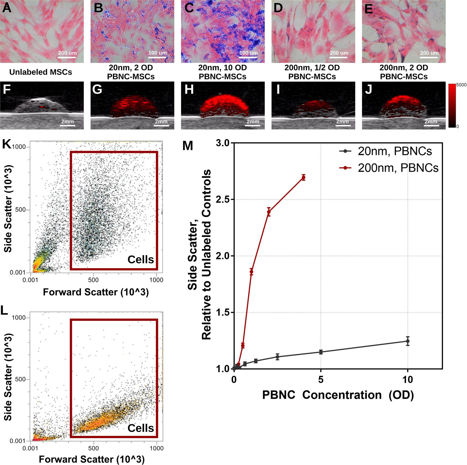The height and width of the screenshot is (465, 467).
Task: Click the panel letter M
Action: (188, 146)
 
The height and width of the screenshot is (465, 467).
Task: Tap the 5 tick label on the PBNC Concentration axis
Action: (321, 380)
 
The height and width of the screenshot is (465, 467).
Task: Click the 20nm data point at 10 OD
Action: (408, 341)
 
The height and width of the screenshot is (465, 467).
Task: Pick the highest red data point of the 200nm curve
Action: (303, 178)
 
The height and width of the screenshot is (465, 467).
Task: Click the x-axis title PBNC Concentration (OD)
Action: (338, 395)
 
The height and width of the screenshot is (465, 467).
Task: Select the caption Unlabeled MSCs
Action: (41, 72)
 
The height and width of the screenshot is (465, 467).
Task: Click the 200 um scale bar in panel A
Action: (67, 57)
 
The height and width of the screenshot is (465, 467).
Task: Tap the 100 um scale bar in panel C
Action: (248, 57)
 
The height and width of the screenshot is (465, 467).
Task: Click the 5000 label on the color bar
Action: (461, 85)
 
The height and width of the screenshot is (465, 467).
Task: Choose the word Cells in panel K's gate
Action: (141, 259)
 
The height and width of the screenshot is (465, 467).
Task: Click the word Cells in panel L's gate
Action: (141, 428)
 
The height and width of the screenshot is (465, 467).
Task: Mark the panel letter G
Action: (97, 89)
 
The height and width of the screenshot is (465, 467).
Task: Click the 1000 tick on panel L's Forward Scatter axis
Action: (157, 448)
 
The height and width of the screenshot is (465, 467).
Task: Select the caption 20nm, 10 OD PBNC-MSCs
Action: (222, 72)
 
